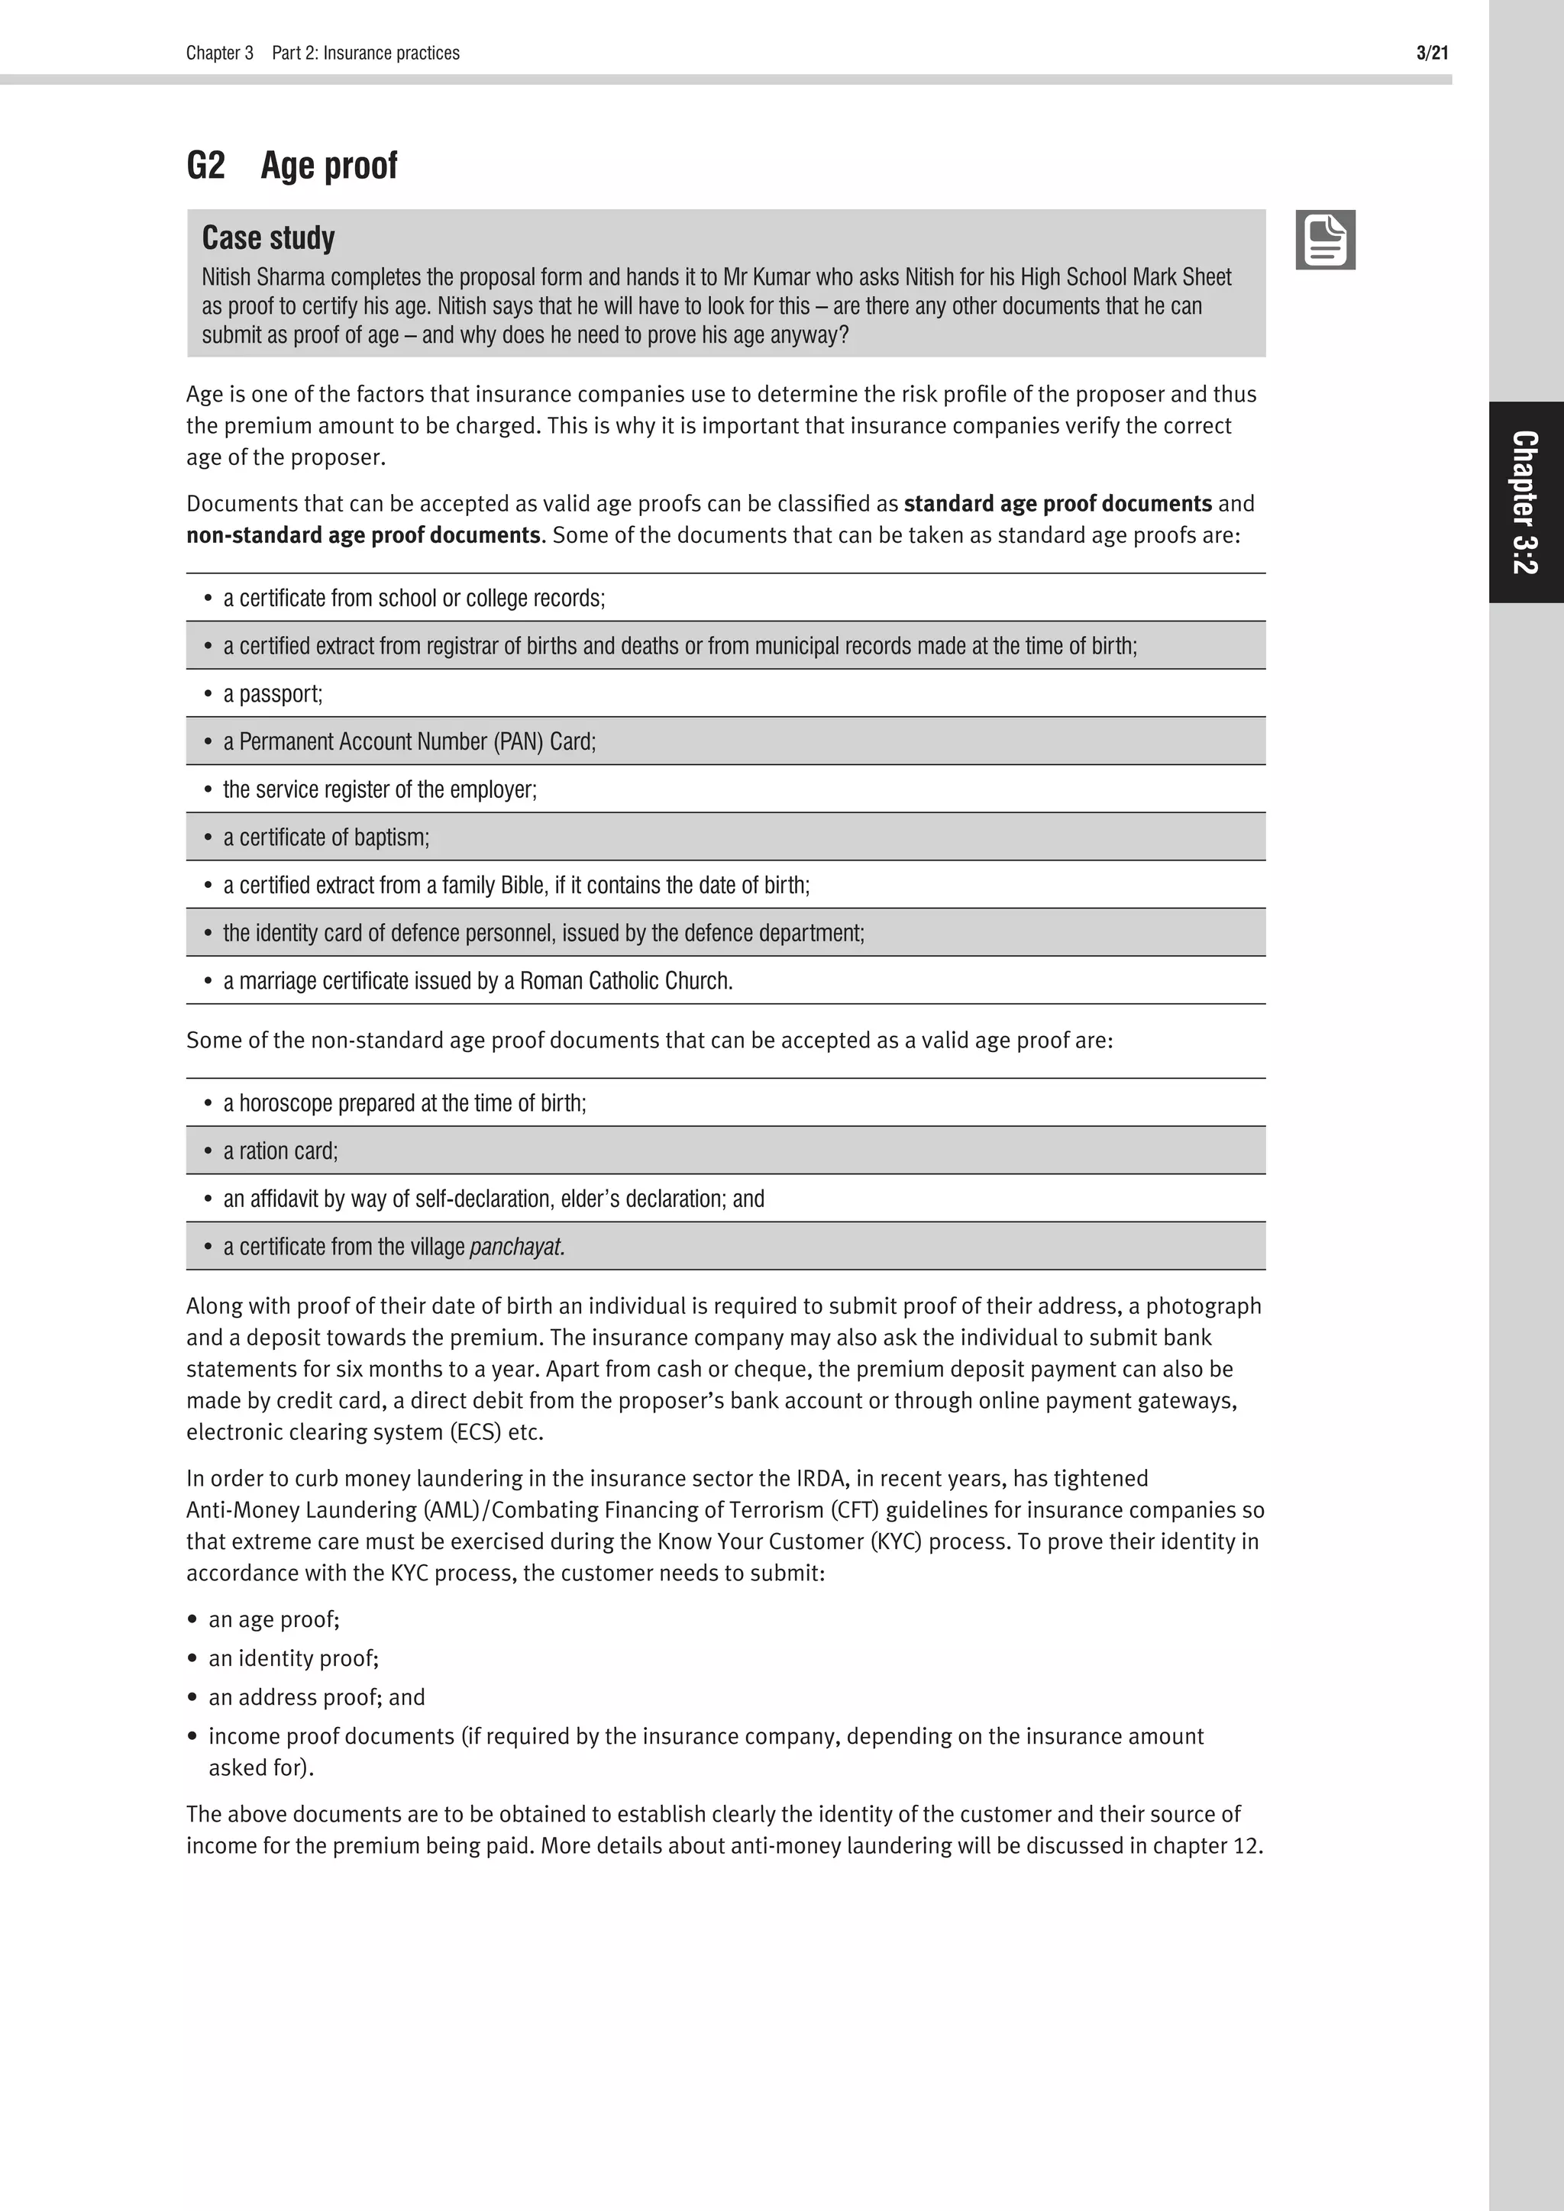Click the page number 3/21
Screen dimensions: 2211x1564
1431,53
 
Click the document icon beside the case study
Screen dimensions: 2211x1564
1325,240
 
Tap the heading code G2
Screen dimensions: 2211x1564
205,166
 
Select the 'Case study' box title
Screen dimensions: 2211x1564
268,238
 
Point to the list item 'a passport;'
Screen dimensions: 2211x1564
273,693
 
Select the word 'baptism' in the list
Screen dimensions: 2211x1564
392,837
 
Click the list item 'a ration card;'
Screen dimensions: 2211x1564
280,1151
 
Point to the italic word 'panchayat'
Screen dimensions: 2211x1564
516,1247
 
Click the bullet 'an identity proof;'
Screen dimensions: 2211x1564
292,1658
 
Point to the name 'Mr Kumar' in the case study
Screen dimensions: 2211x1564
767,277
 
